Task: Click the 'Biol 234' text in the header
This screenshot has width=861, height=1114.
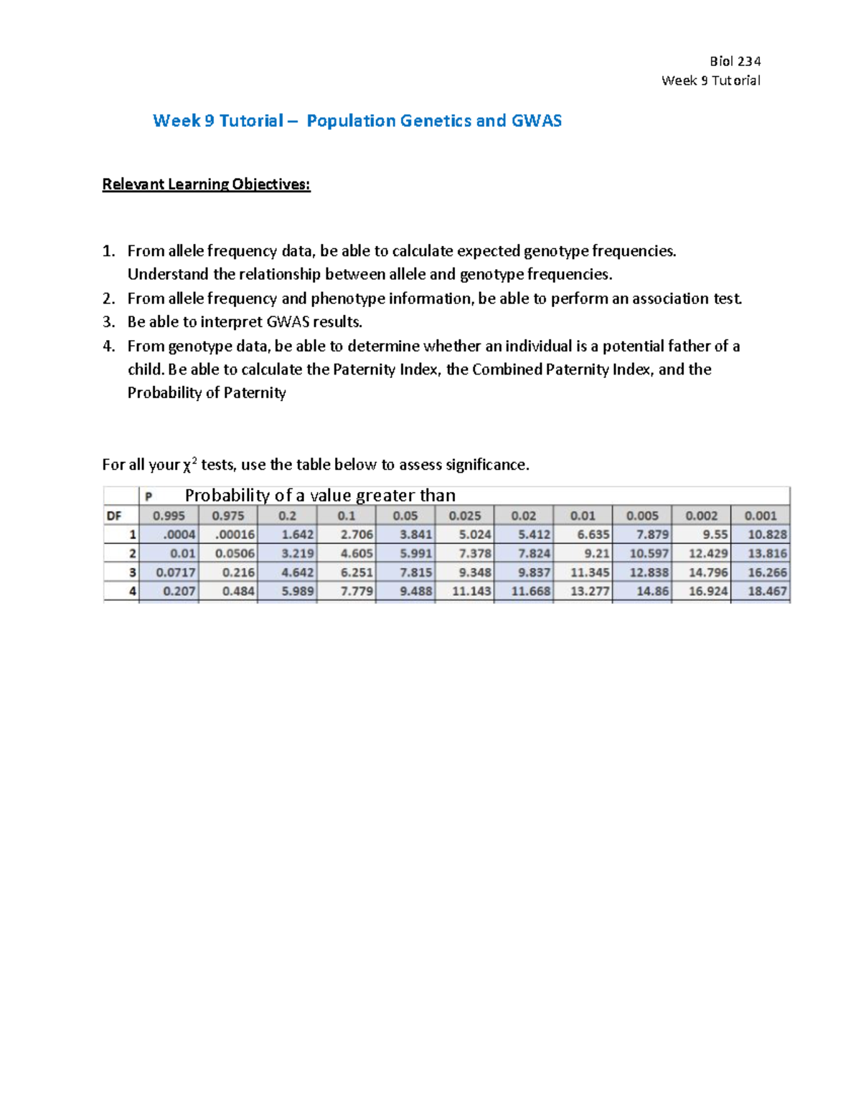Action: click(x=735, y=61)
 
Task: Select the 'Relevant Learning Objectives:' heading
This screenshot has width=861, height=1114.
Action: click(x=206, y=184)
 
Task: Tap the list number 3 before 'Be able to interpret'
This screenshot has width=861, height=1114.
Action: click(x=108, y=322)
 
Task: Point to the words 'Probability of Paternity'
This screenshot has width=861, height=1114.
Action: click(x=207, y=393)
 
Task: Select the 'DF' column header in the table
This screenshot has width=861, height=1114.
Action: click(x=114, y=516)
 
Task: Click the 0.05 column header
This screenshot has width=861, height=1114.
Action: click(x=405, y=516)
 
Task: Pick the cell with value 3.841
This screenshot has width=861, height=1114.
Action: click(x=415, y=534)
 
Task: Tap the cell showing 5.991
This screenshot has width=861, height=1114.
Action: click(x=415, y=554)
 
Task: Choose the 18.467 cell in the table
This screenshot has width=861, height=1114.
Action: click(x=767, y=591)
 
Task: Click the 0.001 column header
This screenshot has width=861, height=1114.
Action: click(x=760, y=516)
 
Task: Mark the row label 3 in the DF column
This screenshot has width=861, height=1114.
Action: click(x=132, y=572)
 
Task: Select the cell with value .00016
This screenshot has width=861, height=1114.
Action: click(x=235, y=534)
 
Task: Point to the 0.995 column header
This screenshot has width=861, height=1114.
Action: click(x=169, y=516)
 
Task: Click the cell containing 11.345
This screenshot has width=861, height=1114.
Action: click(x=590, y=572)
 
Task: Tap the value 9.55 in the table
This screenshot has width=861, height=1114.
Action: click(x=715, y=534)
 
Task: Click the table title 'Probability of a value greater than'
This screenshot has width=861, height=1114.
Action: click(x=320, y=496)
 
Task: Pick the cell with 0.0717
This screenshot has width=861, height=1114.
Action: click(x=176, y=572)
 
